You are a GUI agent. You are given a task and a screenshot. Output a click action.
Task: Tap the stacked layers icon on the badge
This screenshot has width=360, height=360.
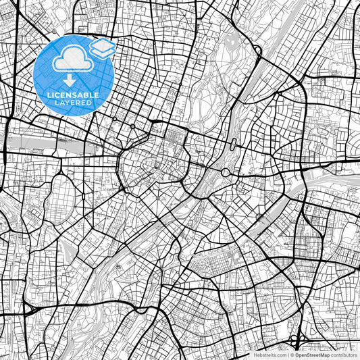(x=103, y=48)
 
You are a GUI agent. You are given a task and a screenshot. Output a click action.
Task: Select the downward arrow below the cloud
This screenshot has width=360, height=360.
(x=66, y=80)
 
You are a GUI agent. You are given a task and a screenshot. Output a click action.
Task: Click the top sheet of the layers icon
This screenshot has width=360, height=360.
(x=103, y=45)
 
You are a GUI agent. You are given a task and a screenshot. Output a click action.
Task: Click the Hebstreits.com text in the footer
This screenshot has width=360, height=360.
(x=269, y=354)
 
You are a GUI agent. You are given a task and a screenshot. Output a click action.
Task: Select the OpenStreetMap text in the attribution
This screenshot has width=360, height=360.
(x=310, y=354)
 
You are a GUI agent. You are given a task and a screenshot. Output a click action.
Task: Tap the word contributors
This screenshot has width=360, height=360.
(x=342, y=354)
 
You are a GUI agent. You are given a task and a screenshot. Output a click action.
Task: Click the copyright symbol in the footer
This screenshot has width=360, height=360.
(x=292, y=354)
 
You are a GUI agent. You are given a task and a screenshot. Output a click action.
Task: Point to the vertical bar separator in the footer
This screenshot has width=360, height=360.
(x=287, y=354)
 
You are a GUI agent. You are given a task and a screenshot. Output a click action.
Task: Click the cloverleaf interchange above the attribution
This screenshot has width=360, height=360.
(x=295, y=338)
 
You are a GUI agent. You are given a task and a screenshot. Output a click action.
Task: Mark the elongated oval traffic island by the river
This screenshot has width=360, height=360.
(x=233, y=143)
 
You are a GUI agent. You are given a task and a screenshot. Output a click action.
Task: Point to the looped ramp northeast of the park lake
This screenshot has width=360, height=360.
(x=258, y=51)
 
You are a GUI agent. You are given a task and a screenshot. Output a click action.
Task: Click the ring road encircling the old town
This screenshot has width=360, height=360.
(x=122, y=162)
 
